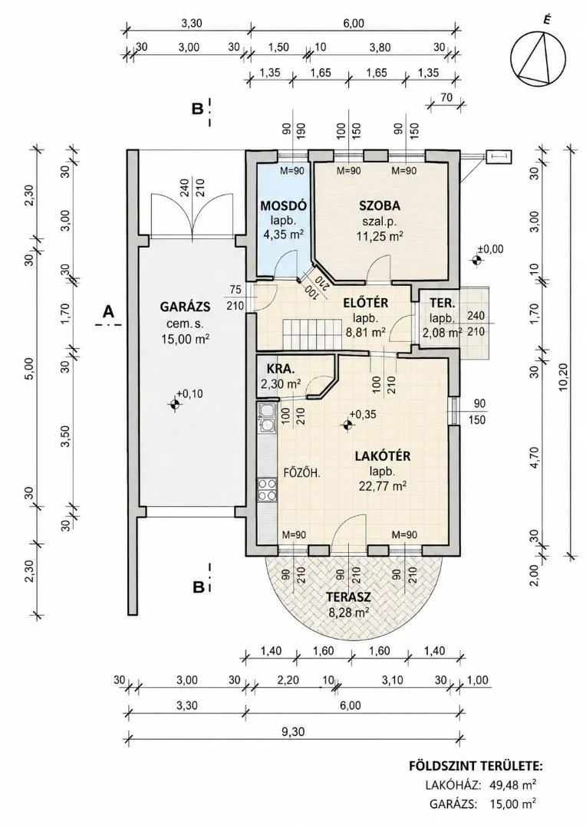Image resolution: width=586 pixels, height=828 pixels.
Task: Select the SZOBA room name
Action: click(x=380, y=206)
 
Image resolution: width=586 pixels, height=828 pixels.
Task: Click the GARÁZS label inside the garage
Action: click(x=185, y=306)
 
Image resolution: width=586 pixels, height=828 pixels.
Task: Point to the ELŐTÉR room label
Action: click(x=366, y=303)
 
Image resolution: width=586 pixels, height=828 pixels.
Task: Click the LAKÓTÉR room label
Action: click(x=383, y=455)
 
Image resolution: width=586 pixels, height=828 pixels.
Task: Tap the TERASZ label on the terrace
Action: click(x=347, y=597)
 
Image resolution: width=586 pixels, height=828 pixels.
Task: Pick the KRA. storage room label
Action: click(x=277, y=369)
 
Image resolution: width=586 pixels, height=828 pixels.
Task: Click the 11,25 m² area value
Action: click(x=380, y=237)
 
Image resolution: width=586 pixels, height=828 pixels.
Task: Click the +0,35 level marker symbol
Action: click(x=347, y=425)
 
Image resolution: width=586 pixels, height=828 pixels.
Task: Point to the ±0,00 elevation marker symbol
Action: click(x=477, y=259)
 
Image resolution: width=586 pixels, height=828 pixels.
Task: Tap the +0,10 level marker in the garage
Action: click(x=175, y=404)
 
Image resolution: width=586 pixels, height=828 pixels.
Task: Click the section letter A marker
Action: click(x=108, y=312)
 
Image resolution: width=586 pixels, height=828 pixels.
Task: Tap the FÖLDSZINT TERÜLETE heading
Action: click(x=476, y=766)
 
